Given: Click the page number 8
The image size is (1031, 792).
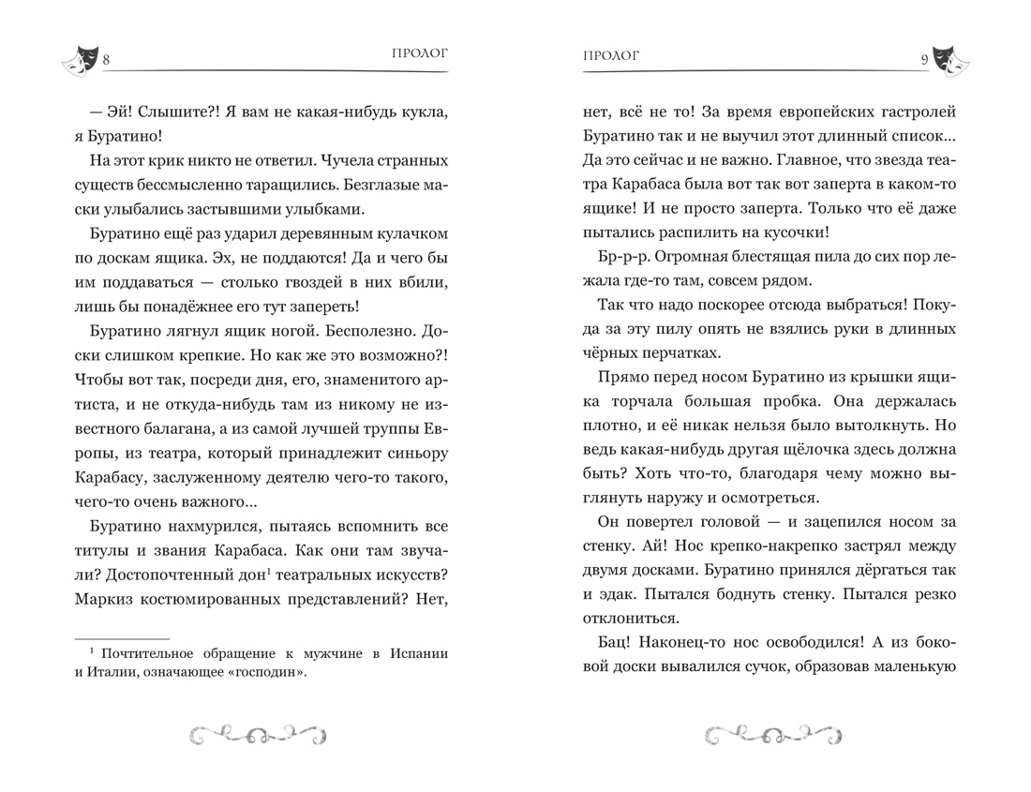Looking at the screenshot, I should point(107,61).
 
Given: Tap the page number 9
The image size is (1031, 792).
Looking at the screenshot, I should point(924,61).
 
